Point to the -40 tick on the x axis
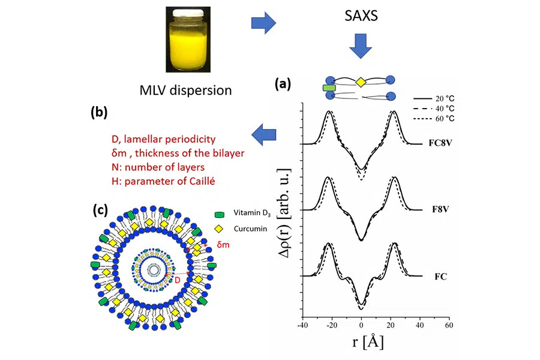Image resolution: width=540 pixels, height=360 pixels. tap(303, 325)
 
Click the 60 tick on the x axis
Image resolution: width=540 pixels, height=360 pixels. tap(448, 325)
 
